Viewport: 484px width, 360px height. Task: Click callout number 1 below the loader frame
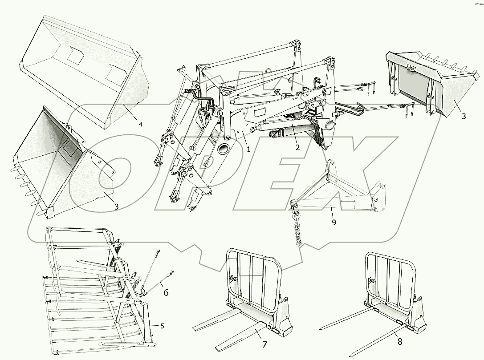(248, 150)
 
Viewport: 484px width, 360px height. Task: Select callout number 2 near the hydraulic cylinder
(297, 147)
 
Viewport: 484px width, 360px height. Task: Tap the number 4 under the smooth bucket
(141, 124)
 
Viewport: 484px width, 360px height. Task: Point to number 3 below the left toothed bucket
(116, 206)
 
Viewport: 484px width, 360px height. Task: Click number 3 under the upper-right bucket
(464, 116)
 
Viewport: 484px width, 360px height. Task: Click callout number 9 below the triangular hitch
(334, 222)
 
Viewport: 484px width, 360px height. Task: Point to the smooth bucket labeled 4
(85, 71)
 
